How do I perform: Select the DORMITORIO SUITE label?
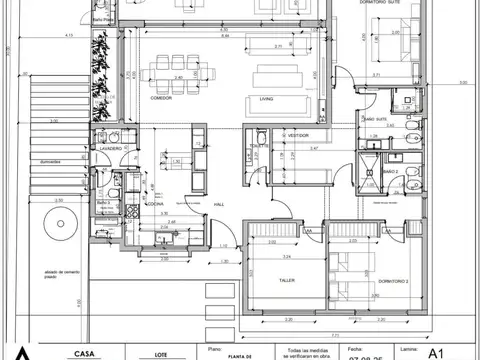(385, 4)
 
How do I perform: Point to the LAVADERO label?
(110, 148)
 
